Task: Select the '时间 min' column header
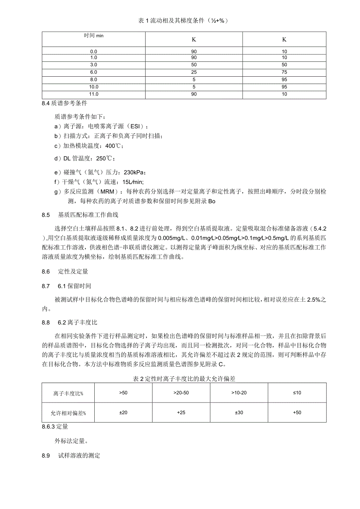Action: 94,36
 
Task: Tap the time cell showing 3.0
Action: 94,64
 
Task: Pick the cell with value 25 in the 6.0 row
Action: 194,72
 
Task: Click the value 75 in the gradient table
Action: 284,72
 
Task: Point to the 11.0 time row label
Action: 94,94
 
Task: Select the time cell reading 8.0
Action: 94,79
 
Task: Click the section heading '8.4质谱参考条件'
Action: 64,104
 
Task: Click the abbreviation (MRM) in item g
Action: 106,192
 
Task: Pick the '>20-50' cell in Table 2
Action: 181,392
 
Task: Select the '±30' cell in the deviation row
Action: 239,413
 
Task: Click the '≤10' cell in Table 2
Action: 297,392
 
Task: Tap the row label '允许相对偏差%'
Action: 68,413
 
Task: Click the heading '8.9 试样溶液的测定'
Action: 71,456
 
